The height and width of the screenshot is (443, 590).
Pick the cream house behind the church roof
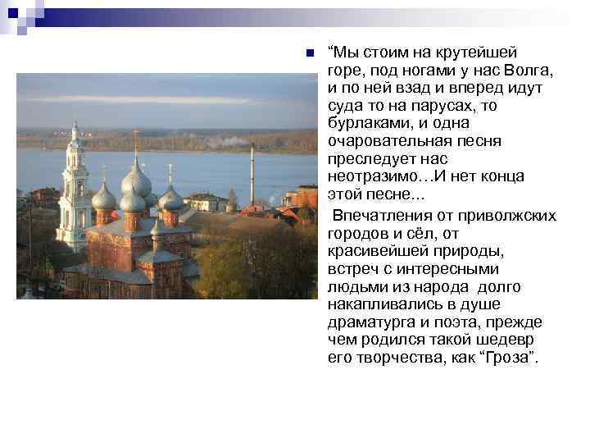tap(206, 202)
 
